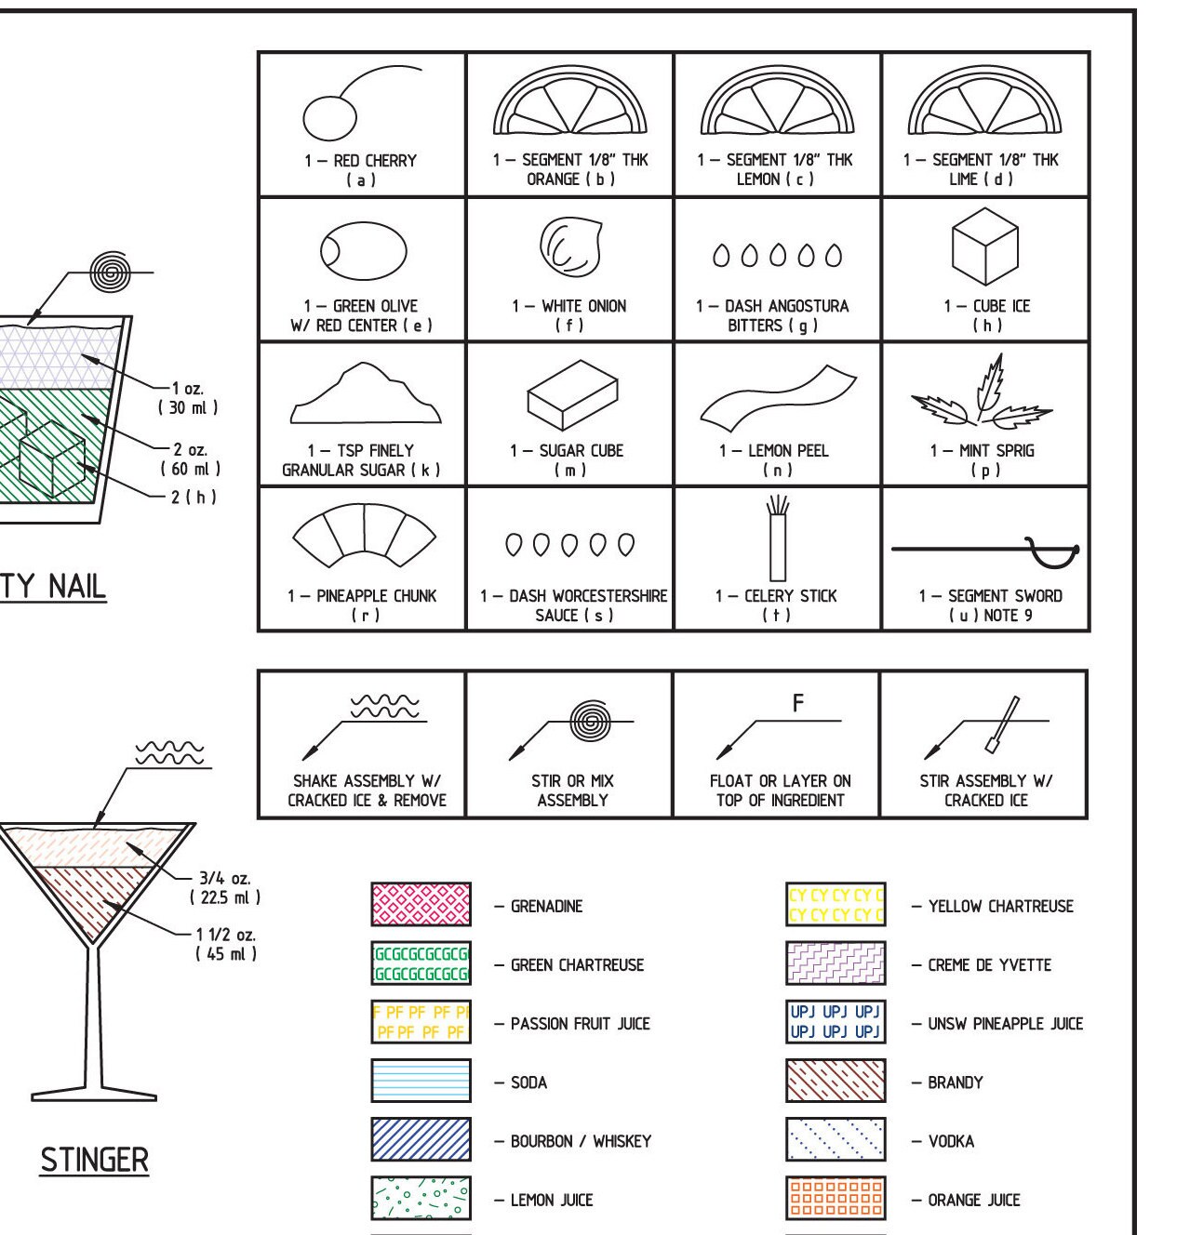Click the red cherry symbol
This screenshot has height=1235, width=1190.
coord(331,117)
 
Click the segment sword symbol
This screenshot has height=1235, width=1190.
coord(985,551)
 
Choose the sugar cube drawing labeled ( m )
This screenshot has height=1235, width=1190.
coord(572,394)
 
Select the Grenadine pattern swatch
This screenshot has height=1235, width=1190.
coord(421,905)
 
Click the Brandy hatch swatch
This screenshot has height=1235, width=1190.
coord(836,1082)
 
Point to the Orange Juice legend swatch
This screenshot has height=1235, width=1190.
coord(836,1199)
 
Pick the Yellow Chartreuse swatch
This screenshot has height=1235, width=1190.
coord(836,905)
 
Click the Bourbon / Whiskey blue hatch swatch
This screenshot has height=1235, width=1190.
coord(421,1140)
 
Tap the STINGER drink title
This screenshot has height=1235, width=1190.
coord(94,1161)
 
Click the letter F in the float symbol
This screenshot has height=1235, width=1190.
coord(798,704)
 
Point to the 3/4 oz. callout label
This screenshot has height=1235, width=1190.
coord(224,878)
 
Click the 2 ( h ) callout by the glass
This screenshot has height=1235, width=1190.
coord(194,497)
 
